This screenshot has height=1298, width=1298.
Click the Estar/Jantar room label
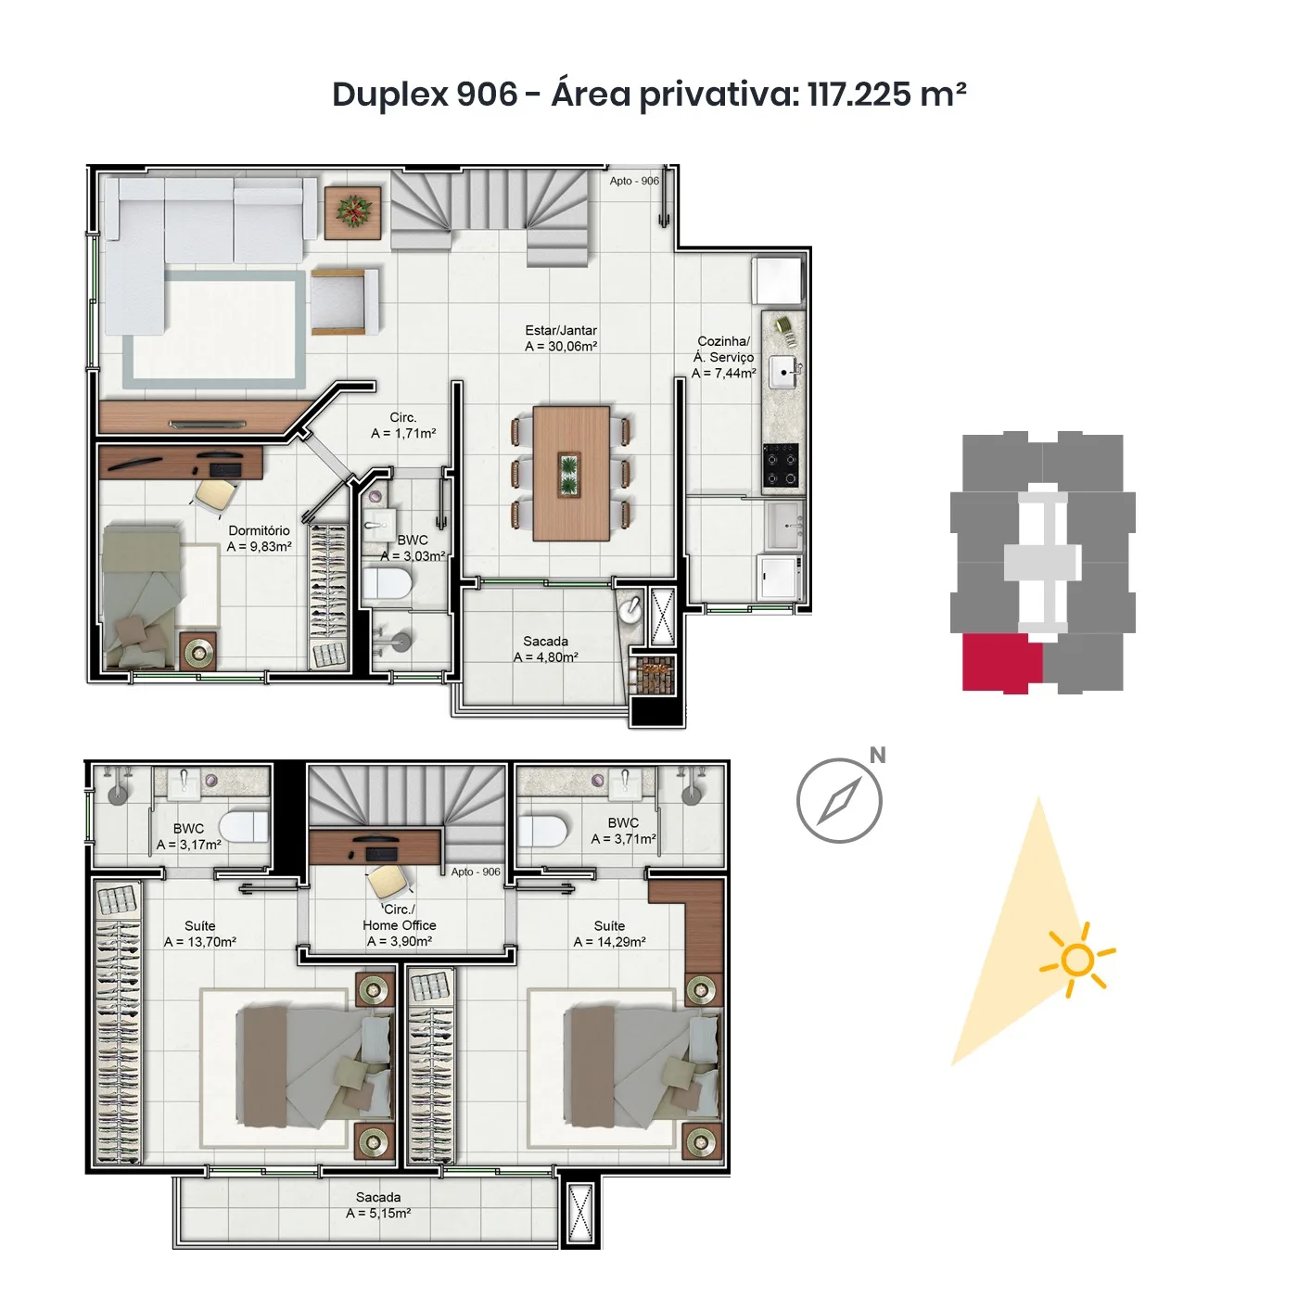click(x=561, y=330)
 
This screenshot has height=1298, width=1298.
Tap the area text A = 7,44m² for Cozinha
click(x=723, y=374)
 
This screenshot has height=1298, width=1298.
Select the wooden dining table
click(x=571, y=473)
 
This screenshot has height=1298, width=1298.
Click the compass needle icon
click(x=839, y=800)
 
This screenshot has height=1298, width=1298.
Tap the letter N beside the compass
click(x=877, y=756)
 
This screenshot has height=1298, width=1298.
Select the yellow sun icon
click(x=1077, y=960)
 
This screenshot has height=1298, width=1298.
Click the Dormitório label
click(x=259, y=530)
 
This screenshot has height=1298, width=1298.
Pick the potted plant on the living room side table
click(x=353, y=212)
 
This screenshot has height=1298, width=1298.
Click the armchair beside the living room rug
click(x=344, y=302)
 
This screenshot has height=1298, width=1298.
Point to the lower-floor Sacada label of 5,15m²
click(x=378, y=1197)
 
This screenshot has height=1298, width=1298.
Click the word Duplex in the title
click(x=390, y=94)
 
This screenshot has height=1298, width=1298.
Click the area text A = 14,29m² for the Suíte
click(x=609, y=942)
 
